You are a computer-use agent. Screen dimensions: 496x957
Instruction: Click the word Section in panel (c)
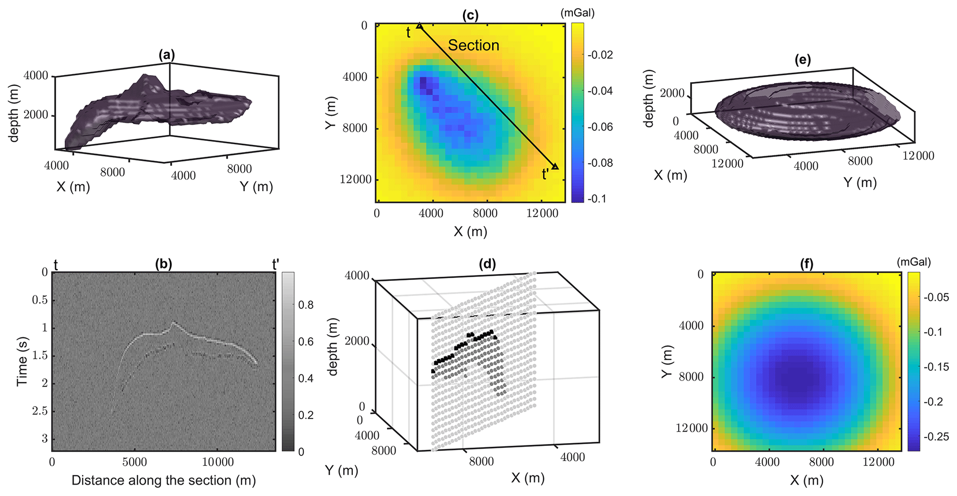[473, 45]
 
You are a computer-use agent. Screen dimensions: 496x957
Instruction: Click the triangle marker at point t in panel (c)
[419, 26]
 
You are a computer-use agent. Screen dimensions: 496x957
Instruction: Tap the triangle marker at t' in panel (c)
[555, 166]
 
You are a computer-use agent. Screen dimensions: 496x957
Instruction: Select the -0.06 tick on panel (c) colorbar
[600, 127]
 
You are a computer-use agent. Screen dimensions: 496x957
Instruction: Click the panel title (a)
[167, 55]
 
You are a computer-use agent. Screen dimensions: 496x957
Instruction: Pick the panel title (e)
[802, 60]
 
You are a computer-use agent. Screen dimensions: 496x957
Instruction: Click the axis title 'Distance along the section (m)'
[163, 480]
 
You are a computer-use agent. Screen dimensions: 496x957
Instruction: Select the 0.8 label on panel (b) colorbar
[305, 305]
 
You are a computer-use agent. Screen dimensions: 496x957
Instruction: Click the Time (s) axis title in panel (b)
[21, 362]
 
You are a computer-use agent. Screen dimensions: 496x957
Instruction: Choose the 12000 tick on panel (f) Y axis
[692, 428]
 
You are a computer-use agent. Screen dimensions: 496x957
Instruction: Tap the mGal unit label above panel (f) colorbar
[913, 262]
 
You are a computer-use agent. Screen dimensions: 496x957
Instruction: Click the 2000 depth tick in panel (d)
[357, 342]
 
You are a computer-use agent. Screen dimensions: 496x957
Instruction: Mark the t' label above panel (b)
[275, 265]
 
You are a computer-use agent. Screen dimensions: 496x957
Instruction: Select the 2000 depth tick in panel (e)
[672, 93]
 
